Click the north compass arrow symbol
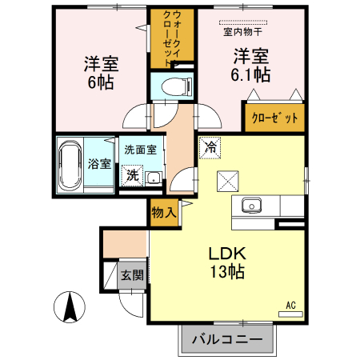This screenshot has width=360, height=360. click(70, 306)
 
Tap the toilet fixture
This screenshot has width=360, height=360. click(177, 86)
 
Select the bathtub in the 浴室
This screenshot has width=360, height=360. click(70, 166)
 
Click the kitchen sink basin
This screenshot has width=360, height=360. click(251, 206)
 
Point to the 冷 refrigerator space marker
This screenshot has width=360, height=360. click(210, 148)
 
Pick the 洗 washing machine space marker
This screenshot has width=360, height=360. click(132, 175)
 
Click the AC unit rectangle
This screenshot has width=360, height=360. click(290, 314)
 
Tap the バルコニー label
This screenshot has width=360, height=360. click(227, 339)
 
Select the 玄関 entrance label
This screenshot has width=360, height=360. click(132, 275)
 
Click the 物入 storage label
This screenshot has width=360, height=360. click(164, 213)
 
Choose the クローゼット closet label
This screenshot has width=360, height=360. click(274, 118)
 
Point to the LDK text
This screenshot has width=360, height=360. click(227, 254)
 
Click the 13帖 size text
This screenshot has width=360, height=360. click(227, 271)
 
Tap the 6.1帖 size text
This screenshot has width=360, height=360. click(250, 74)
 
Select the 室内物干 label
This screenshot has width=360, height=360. click(242, 32)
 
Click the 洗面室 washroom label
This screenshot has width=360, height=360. click(141, 150)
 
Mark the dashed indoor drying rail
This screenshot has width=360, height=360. click(243, 22)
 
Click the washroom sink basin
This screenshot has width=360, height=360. click(154, 178)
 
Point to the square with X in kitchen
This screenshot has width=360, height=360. click(228, 182)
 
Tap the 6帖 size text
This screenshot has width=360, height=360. click(101, 82)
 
